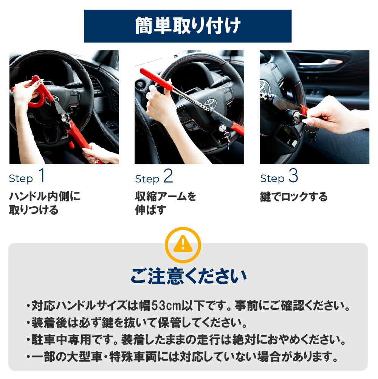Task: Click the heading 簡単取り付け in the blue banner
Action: point(187,26)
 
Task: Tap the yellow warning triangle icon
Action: point(183,244)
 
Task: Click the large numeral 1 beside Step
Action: point(42,175)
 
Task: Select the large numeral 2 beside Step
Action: point(168,176)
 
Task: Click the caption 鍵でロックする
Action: point(294,197)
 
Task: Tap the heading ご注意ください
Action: point(189,276)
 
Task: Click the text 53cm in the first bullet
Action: point(166,306)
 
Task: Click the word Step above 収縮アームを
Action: point(147,179)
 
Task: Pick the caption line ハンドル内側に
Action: point(44,196)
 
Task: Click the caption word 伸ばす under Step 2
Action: point(150,210)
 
